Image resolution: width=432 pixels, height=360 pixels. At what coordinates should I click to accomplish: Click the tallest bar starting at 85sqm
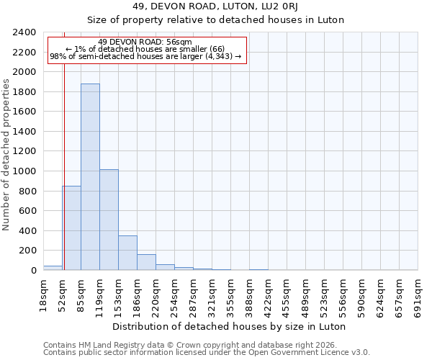(90, 177)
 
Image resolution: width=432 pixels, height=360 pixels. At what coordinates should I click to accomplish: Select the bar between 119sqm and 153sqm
(109, 220)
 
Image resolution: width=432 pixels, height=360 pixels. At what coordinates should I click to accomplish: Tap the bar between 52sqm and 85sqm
(71, 228)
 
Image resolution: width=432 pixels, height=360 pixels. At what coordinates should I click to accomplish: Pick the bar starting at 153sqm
(127, 253)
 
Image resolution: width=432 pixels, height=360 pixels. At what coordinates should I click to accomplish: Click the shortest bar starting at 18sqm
(53, 268)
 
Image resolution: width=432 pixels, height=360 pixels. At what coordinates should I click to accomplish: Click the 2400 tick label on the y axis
(24, 33)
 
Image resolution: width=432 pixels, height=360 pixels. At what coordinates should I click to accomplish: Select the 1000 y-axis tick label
(24, 171)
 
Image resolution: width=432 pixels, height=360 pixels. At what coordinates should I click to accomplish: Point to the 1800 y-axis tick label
(24, 92)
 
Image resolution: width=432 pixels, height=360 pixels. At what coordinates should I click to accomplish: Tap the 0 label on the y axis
(33, 271)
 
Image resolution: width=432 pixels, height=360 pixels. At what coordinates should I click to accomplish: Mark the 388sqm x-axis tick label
(249, 295)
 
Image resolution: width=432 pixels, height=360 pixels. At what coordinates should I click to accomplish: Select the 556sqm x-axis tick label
(343, 295)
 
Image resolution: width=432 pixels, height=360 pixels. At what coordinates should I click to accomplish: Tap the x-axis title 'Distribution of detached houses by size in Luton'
(230, 326)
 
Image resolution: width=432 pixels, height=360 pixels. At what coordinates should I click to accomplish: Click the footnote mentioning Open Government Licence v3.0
(206, 352)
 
